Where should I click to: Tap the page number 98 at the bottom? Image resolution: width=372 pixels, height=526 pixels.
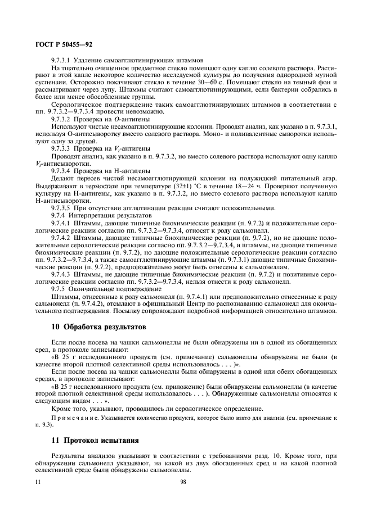click(183, 482)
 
